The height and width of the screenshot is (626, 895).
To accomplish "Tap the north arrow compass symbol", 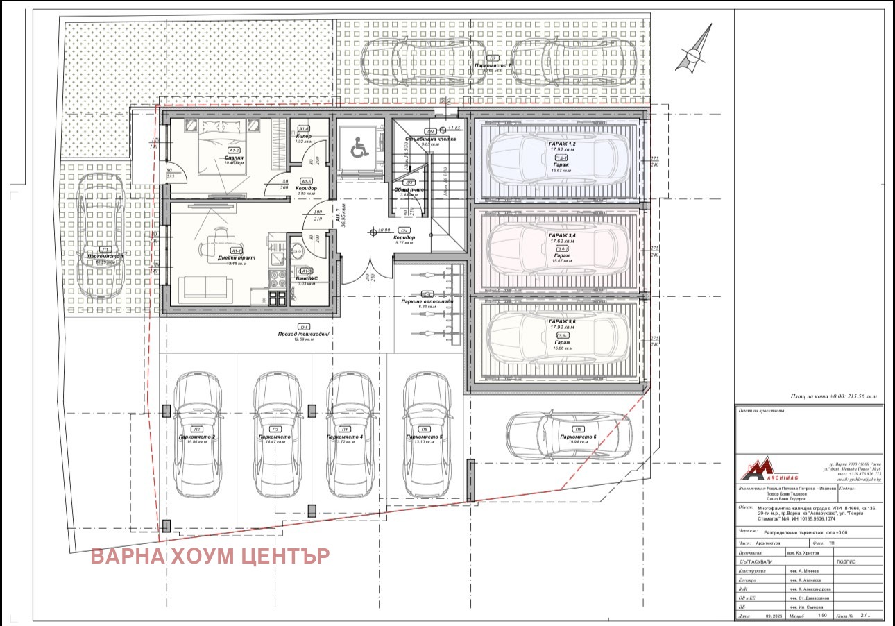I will coord(697,50).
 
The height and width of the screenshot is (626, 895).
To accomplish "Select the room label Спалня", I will coord(234,158).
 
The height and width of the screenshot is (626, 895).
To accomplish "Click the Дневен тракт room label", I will coord(236,257).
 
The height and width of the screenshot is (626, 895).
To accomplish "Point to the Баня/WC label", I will coord(306,278).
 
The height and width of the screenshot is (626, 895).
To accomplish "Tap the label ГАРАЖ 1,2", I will coord(561,144).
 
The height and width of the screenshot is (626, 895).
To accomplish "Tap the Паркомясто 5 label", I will coord(425,437).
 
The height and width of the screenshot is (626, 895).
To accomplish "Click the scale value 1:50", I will coord(822,615).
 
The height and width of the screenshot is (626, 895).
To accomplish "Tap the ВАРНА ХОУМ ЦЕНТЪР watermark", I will coord(210,556).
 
